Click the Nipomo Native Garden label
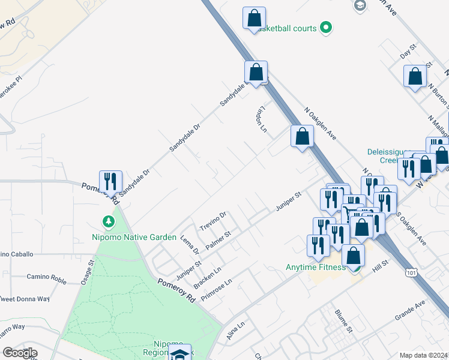coord(134,237)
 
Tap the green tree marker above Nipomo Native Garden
coord(109,222)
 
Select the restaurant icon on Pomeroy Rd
coord(110,181)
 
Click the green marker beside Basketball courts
coord(326,27)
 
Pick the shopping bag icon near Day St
coord(415,76)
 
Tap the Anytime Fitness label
coord(315,267)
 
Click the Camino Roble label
coord(46,277)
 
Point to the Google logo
coord(20,353)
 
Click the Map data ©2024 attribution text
coord(424,355)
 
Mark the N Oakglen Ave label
coord(320,124)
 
